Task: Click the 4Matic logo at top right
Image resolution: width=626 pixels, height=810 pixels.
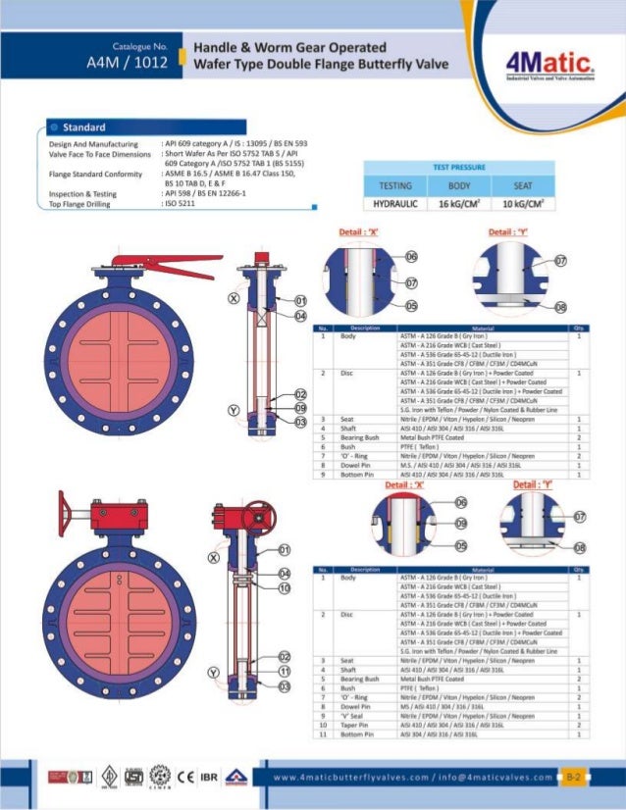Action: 550,66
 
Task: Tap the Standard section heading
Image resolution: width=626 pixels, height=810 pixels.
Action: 84,127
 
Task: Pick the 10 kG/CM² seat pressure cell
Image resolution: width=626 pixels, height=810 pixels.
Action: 523,204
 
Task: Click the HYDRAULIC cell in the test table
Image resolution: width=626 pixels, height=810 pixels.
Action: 394,204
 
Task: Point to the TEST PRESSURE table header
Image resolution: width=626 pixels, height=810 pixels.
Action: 459,168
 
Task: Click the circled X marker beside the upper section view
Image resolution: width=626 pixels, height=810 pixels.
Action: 235,297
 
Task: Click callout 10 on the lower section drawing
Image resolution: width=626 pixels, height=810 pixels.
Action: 284,587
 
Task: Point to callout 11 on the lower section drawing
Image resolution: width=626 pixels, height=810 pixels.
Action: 284,672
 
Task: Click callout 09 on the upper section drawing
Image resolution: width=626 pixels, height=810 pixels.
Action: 301,407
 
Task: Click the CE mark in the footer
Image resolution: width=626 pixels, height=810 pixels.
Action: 183,777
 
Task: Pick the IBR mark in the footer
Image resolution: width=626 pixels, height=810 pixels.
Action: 207,777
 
